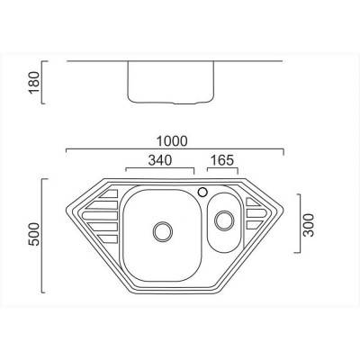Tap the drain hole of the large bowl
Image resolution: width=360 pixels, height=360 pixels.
click(162, 230)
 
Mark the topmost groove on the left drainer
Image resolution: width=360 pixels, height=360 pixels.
click(109, 195)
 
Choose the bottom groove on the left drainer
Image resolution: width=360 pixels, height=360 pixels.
click(109, 238)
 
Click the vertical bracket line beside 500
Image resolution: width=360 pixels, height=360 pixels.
click(41, 235)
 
